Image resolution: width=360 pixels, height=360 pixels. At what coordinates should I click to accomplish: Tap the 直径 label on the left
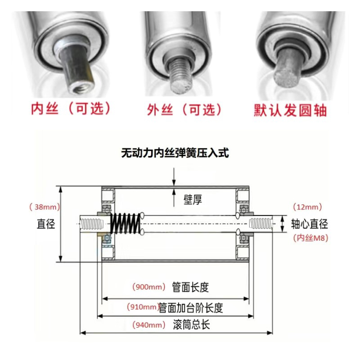point(46,224)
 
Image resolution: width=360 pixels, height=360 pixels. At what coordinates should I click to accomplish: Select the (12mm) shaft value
point(308,207)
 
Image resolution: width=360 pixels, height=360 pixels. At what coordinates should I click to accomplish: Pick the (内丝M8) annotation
point(310,238)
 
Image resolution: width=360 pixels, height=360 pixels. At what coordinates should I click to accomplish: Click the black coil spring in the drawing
point(126,223)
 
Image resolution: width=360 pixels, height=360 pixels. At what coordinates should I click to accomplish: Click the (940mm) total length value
point(149,325)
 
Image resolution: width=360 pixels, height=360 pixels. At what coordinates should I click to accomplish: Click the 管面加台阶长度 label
point(191,308)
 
